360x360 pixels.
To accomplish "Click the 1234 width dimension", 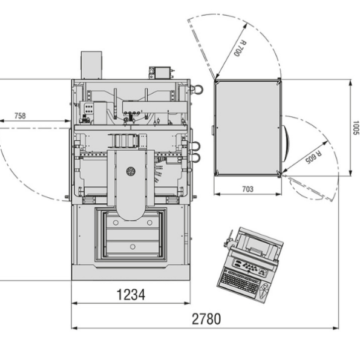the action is click(131, 295).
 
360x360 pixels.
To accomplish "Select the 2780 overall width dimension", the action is click(206, 319).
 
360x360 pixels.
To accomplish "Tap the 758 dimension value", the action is click(20, 116).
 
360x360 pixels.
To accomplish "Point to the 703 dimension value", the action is click(248, 189).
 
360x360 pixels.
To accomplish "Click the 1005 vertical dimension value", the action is click(356, 128).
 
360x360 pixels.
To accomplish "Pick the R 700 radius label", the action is click(240, 48).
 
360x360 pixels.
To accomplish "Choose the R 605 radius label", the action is click(313, 157).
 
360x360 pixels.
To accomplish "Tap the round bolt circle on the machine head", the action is click(131, 171).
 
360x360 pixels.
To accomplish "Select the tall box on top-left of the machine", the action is click(91, 65).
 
